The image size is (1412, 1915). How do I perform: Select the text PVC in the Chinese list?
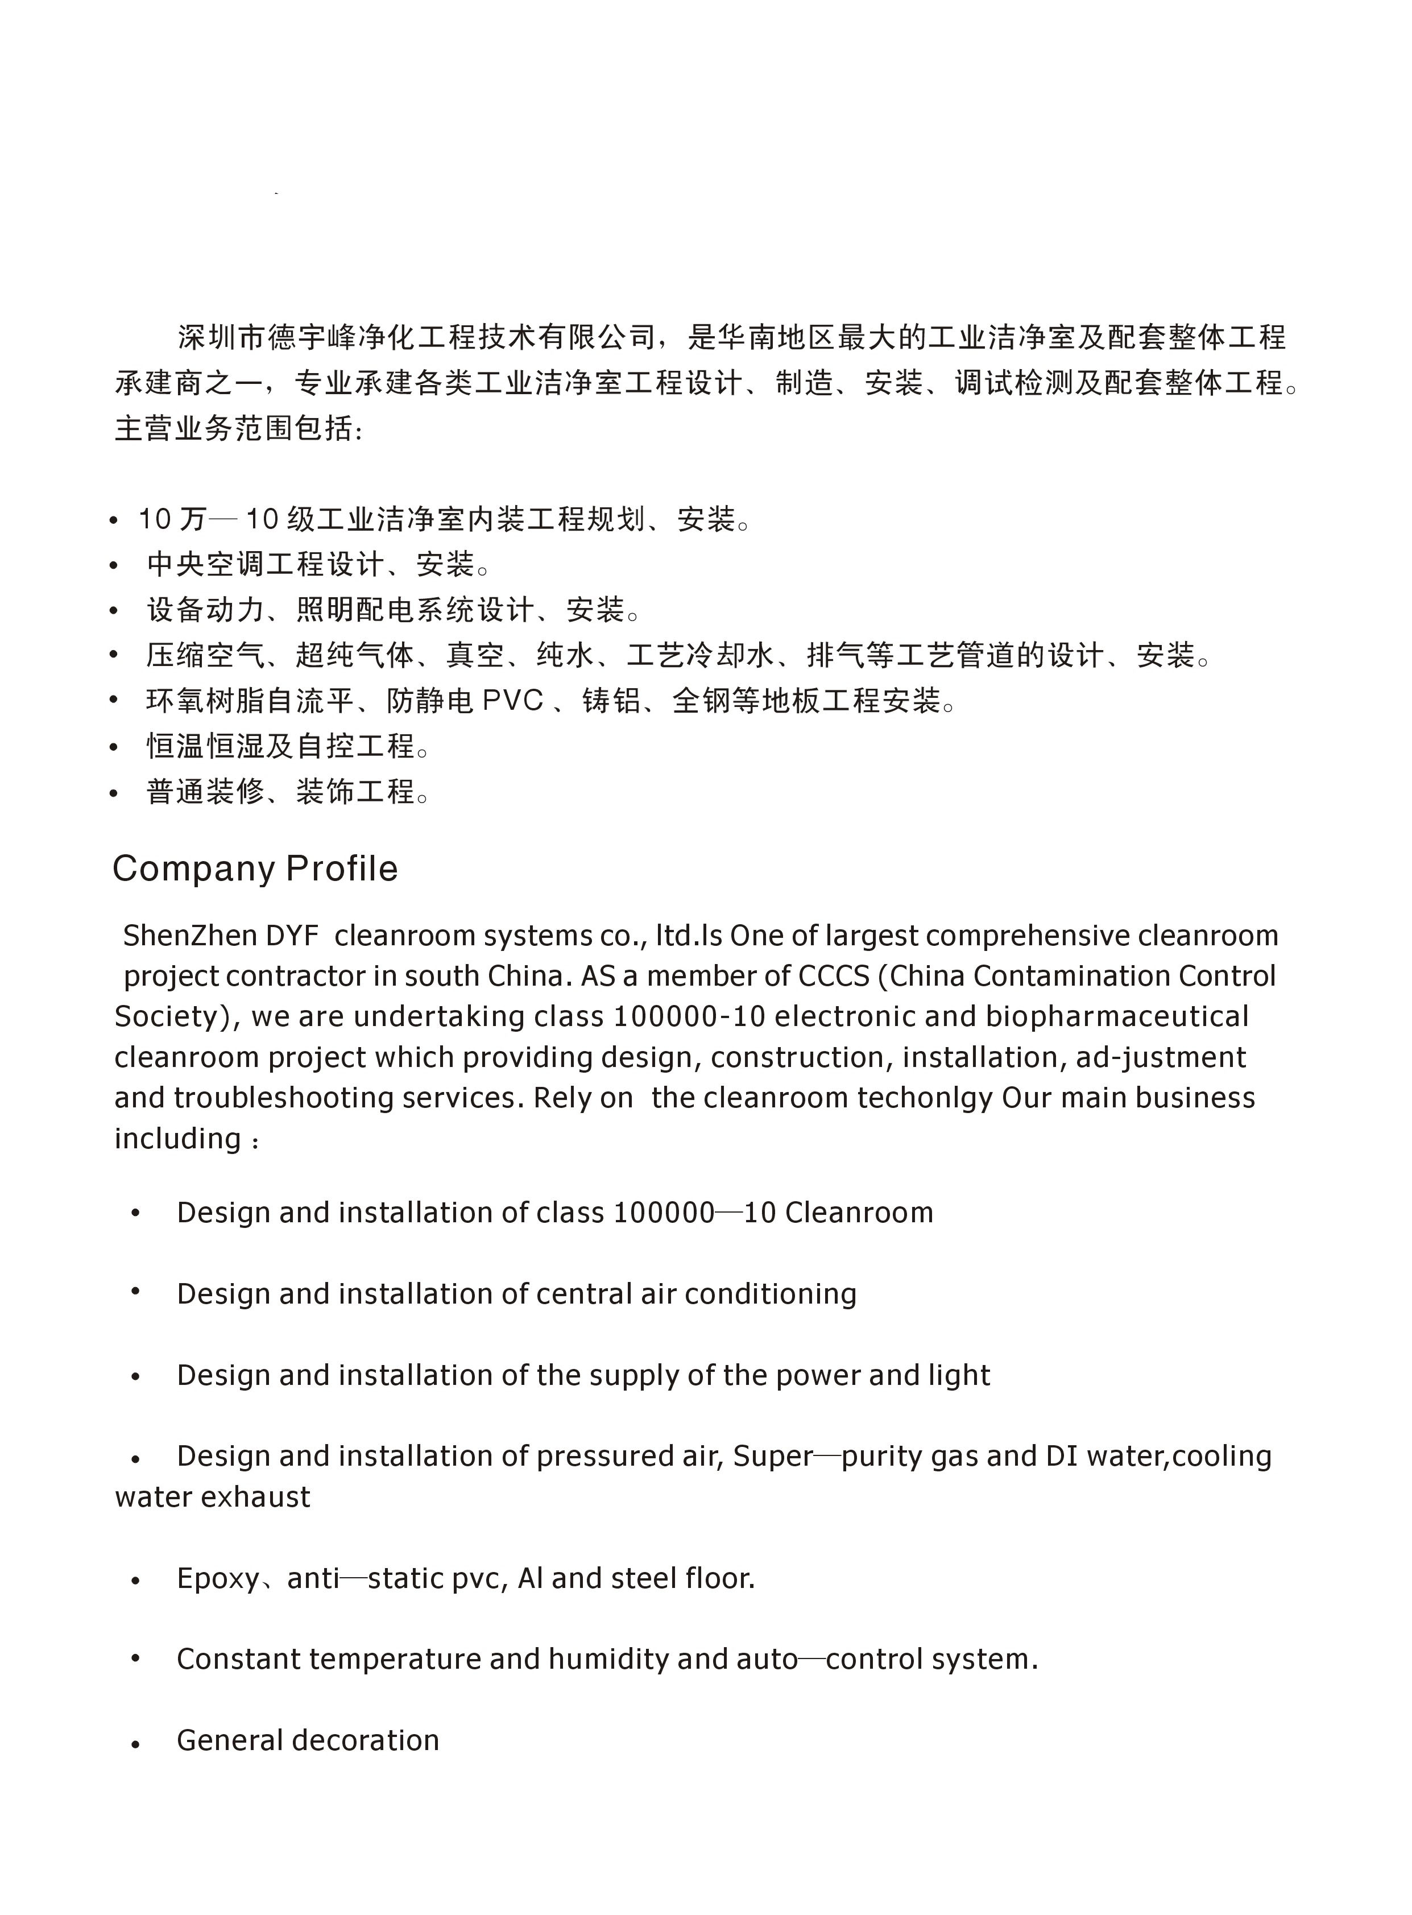[513, 701]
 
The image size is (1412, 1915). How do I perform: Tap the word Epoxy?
[218, 1579]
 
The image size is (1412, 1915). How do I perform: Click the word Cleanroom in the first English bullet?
[859, 1213]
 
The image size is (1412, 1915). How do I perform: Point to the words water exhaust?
[213, 1498]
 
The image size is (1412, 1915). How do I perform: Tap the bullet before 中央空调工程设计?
[114, 565]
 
